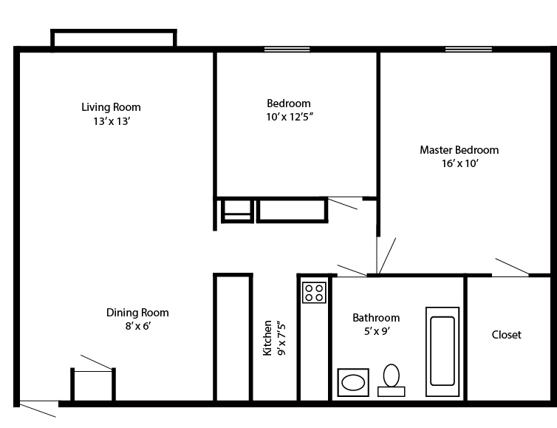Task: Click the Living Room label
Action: pos(111,107)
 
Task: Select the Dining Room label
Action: pos(137,313)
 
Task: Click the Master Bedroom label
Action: pos(459,150)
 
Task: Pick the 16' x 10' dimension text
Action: pos(459,164)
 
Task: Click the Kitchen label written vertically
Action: pos(267,338)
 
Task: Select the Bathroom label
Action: pos(375,318)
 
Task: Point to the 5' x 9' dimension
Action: pos(375,331)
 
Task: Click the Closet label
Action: pos(506,335)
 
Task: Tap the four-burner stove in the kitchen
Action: pos(314,293)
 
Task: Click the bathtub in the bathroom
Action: pos(442,347)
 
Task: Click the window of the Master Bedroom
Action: pos(468,50)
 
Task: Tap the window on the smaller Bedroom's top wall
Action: pos(287,50)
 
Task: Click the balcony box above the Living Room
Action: pos(113,38)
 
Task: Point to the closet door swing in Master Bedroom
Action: pos(511,267)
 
